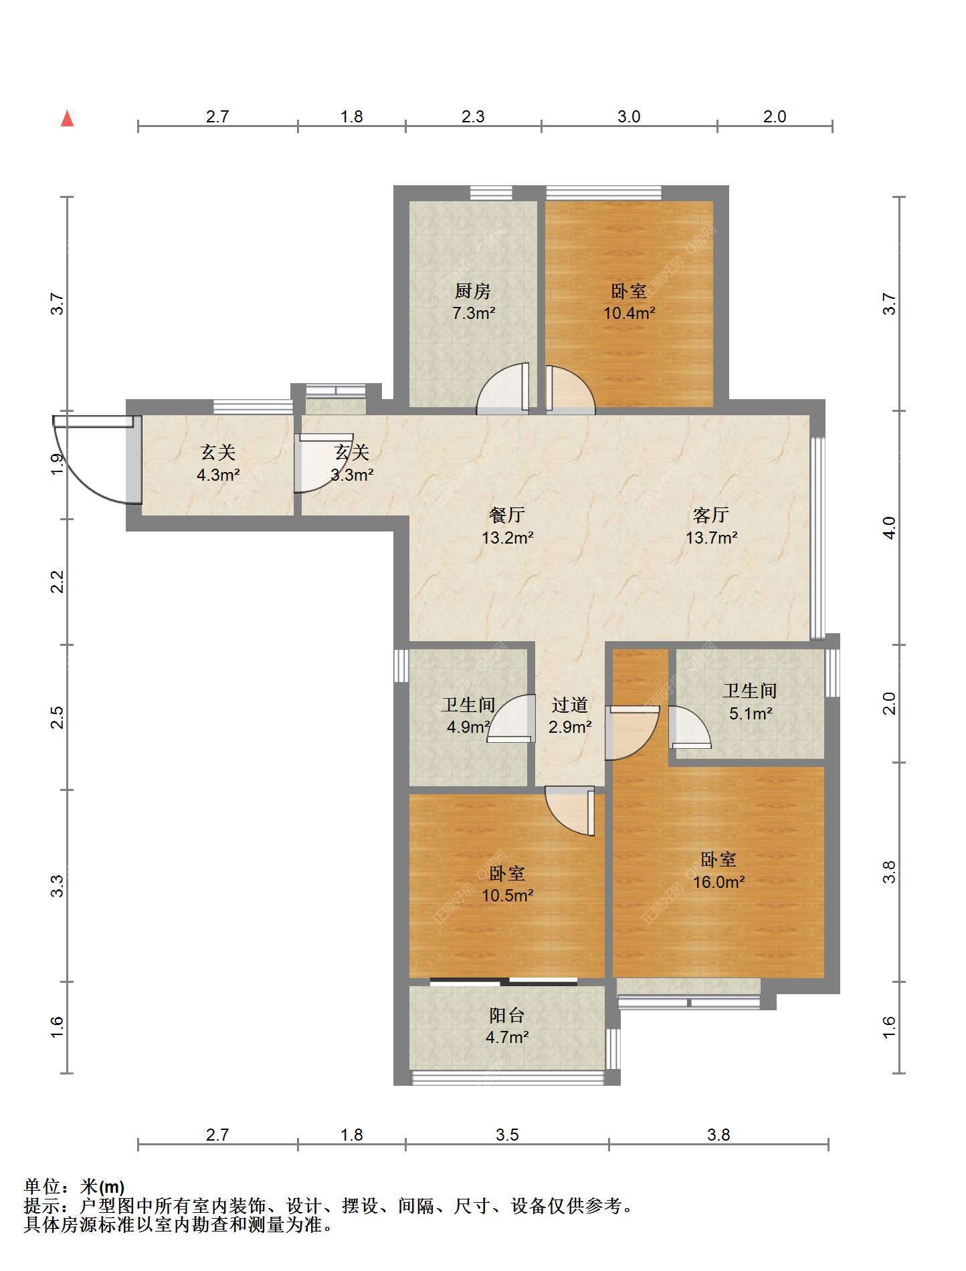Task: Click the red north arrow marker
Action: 67,118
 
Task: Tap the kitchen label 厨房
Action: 473,291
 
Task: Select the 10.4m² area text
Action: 629,313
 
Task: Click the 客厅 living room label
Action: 710,515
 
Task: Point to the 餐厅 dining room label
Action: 507,515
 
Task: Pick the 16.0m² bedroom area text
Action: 718,882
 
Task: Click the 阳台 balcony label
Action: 506,1015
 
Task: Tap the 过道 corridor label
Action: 570,705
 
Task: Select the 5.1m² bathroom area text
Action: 751,713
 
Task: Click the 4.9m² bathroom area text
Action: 468,727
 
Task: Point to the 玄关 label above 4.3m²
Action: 218,453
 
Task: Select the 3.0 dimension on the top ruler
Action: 629,116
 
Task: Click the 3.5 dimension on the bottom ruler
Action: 507,1135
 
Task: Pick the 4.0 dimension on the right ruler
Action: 888,528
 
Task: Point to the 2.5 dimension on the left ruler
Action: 58,717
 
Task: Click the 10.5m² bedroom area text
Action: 507,895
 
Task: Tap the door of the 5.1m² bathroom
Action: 690,727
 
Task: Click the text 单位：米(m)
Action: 74,1187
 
